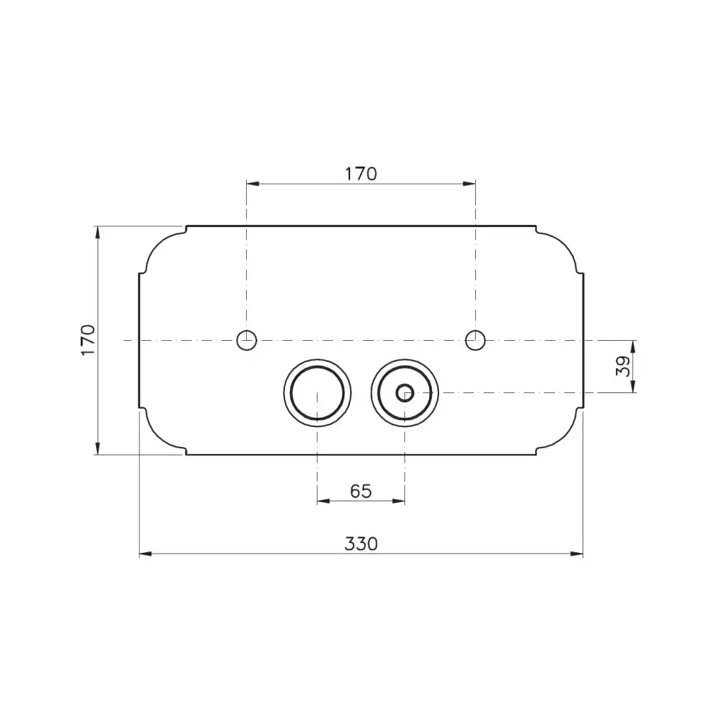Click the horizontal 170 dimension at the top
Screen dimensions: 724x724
click(361, 174)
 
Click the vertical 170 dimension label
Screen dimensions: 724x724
click(88, 340)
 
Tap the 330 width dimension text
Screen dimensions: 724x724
click(361, 544)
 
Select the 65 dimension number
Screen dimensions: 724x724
click(361, 491)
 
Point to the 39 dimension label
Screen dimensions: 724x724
click(623, 366)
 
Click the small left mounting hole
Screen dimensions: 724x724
click(247, 340)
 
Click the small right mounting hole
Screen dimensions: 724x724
click(475, 340)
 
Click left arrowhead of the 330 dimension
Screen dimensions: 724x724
click(146, 554)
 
